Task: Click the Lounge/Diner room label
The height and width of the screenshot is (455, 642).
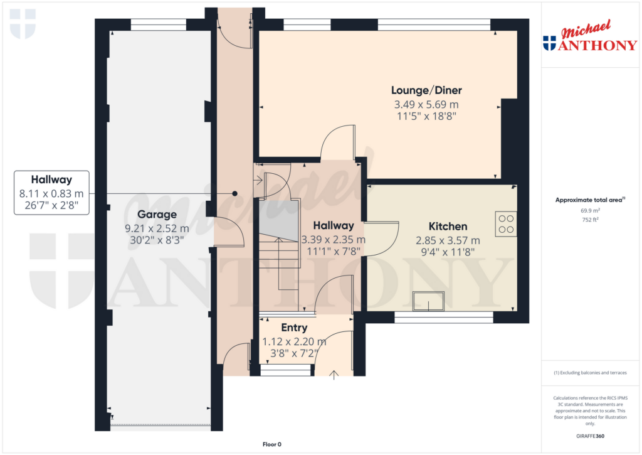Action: click(x=426, y=90)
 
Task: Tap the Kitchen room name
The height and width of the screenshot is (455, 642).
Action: click(x=448, y=227)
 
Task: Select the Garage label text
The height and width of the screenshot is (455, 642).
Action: click(x=157, y=215)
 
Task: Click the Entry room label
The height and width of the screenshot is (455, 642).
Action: click(x=294, y=328)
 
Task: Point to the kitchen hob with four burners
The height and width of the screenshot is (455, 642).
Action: click(x=506, y=224)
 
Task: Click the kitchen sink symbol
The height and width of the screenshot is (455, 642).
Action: click(x=428, y=301)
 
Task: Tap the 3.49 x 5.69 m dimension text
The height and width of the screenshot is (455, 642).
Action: click(x=426, y=105)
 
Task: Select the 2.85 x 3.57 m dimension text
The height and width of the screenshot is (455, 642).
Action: click(x=448, y=240)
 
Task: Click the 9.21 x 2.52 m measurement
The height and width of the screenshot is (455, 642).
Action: click(x=157, y=228)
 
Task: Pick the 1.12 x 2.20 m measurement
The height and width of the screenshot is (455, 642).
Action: click(x=294, y=341)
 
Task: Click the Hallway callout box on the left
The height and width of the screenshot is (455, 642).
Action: click(x=51, y=193)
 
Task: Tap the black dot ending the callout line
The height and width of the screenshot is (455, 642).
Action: click(x=234, y=193)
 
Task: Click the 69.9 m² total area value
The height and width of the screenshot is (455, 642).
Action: click(x=590, y=211)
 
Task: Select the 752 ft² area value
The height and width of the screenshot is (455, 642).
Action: click(x=590, y=220)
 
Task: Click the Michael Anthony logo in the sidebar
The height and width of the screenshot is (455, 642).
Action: click(x=590, y=36)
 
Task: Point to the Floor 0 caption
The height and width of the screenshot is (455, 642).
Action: click(x=272, y=444)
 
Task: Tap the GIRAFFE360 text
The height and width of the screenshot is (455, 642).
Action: click(x=590, y=436)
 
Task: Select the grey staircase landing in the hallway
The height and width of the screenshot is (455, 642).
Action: click(x=278, y=220)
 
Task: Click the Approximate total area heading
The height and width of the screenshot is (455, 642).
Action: click(x=590, y=200)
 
